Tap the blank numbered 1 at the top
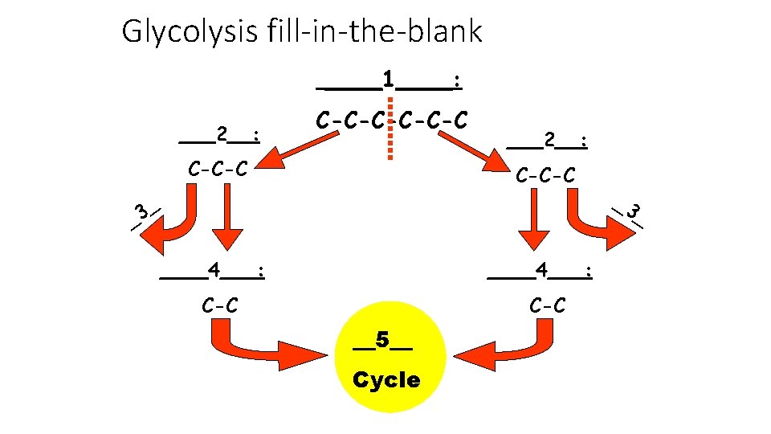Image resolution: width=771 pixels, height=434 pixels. (389, 80)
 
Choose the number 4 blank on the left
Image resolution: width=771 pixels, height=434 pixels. (213, 268)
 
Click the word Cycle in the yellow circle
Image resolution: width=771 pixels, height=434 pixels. (386, 380)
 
